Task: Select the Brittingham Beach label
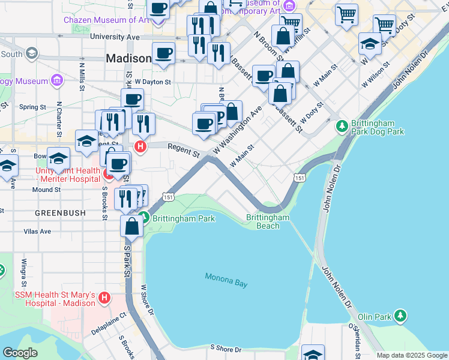pyautogui.click(x=268, y=221)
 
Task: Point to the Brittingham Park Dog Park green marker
pyautogui.click(x=342, y=126)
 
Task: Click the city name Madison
pyautogui.click(x=128, y=59)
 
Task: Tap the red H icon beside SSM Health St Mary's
pyautogui.click(x=104, y=298)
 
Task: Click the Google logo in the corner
pyautogui.click(x=20, y=353)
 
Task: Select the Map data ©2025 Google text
pyautogui.click(x=411, y=355)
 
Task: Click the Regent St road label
pyautogui.click(x=183, y=150)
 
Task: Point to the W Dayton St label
pyautogui.click(x=153, y=81)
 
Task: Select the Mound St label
pyautogui.click(x=46, y=190)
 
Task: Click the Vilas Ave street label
pyautogui.click(x=37, y=231)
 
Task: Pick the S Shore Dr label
pyautogui.click(x=225, y=349)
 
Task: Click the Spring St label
pyautogui.click(x=32, y=107)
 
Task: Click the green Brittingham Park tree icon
pyautogui.click(x=143, y=218)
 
